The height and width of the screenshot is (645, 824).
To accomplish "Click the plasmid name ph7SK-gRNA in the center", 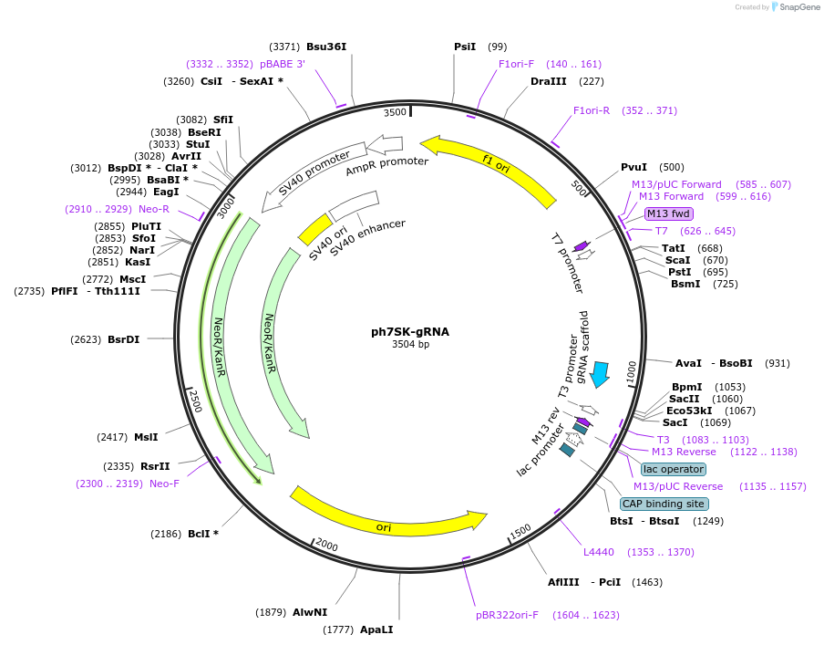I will [410, 331].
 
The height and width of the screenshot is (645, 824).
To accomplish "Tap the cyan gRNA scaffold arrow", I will [600, 374].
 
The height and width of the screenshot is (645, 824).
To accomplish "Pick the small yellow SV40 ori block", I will [315, 228].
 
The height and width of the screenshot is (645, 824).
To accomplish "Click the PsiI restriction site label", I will [465, 47].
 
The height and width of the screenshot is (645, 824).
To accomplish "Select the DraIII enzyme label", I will [548, 81].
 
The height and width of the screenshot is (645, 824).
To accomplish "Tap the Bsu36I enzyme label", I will [326, 47].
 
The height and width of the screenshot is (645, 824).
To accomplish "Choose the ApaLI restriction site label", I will [376, 629].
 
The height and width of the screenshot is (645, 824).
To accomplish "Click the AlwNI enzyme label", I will [310, 612].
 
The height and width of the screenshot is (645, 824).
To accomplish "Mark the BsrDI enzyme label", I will [123, 339].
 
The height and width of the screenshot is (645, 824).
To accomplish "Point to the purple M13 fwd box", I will [669, 213].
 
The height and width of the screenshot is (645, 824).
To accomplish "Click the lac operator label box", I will [673, 469].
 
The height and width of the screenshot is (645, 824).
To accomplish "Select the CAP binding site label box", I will [664, 504].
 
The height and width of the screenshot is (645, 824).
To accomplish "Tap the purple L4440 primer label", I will [599, 552].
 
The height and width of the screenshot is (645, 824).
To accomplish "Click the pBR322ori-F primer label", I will [507, 615].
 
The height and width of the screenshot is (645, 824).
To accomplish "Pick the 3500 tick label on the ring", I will [395, 112].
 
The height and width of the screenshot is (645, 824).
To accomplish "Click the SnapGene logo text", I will [799, 7].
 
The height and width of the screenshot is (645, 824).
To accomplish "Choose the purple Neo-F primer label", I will [164, 484].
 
